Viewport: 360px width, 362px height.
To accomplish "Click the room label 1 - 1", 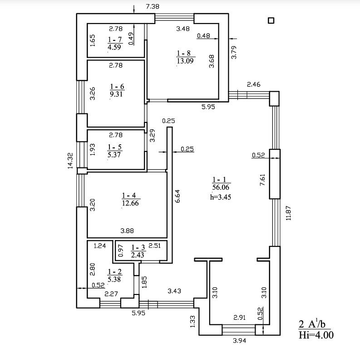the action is pos(219,180).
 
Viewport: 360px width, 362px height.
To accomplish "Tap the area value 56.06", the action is pos(221,187).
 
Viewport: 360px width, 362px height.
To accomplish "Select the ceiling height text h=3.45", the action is pos(221,197).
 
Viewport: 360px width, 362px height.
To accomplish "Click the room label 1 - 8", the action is pos(184,54).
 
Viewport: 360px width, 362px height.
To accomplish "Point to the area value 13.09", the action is pos(185,61).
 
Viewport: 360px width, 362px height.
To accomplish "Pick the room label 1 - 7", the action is pos(114,40).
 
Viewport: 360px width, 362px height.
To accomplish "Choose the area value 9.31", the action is pos(116,94).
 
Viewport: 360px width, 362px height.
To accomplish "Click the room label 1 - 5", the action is pos(114,147).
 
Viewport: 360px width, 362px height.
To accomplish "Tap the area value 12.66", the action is pos(130,203).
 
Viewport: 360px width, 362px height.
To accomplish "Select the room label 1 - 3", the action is pos(138,248).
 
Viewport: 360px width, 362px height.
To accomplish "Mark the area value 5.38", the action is pos(114,279).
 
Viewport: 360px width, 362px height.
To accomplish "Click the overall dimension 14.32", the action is pos(70,161).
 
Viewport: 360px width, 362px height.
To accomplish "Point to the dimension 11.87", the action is pos(289,213).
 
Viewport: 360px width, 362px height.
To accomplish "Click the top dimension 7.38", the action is pos(153,6).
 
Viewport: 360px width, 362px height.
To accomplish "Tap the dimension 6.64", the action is pos(178,196).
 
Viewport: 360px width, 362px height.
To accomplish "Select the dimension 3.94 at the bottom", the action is pos(239,341).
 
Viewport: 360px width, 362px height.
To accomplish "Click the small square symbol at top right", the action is pos(271,21).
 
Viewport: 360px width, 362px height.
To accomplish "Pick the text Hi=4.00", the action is pos(316,335).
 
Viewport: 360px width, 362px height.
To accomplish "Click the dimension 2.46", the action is pos(253,84).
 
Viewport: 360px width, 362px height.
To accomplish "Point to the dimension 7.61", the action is pos(263,180).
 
